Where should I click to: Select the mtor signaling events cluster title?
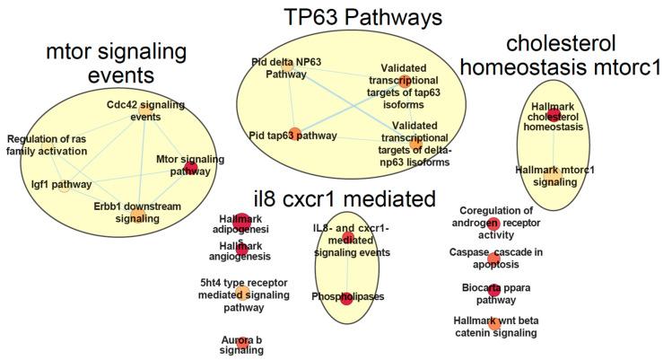pyautogui.click(x=123, y=65)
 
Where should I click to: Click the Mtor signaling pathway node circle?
pyautogui.click(x=191, y=167)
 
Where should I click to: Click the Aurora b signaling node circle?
pyautogui.click(x=241, y=342)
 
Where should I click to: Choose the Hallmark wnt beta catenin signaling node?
pyautogui.click(x=493, y=323)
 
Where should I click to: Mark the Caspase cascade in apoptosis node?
pyautogui.click(x=494, y=258)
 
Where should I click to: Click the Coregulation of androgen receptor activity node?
pyautogui.click(x=493, y=223)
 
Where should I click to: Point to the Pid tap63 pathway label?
pyautogui.click(x=293, y=136)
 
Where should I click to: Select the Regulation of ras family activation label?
pyautogui.click(x=47, y=145)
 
